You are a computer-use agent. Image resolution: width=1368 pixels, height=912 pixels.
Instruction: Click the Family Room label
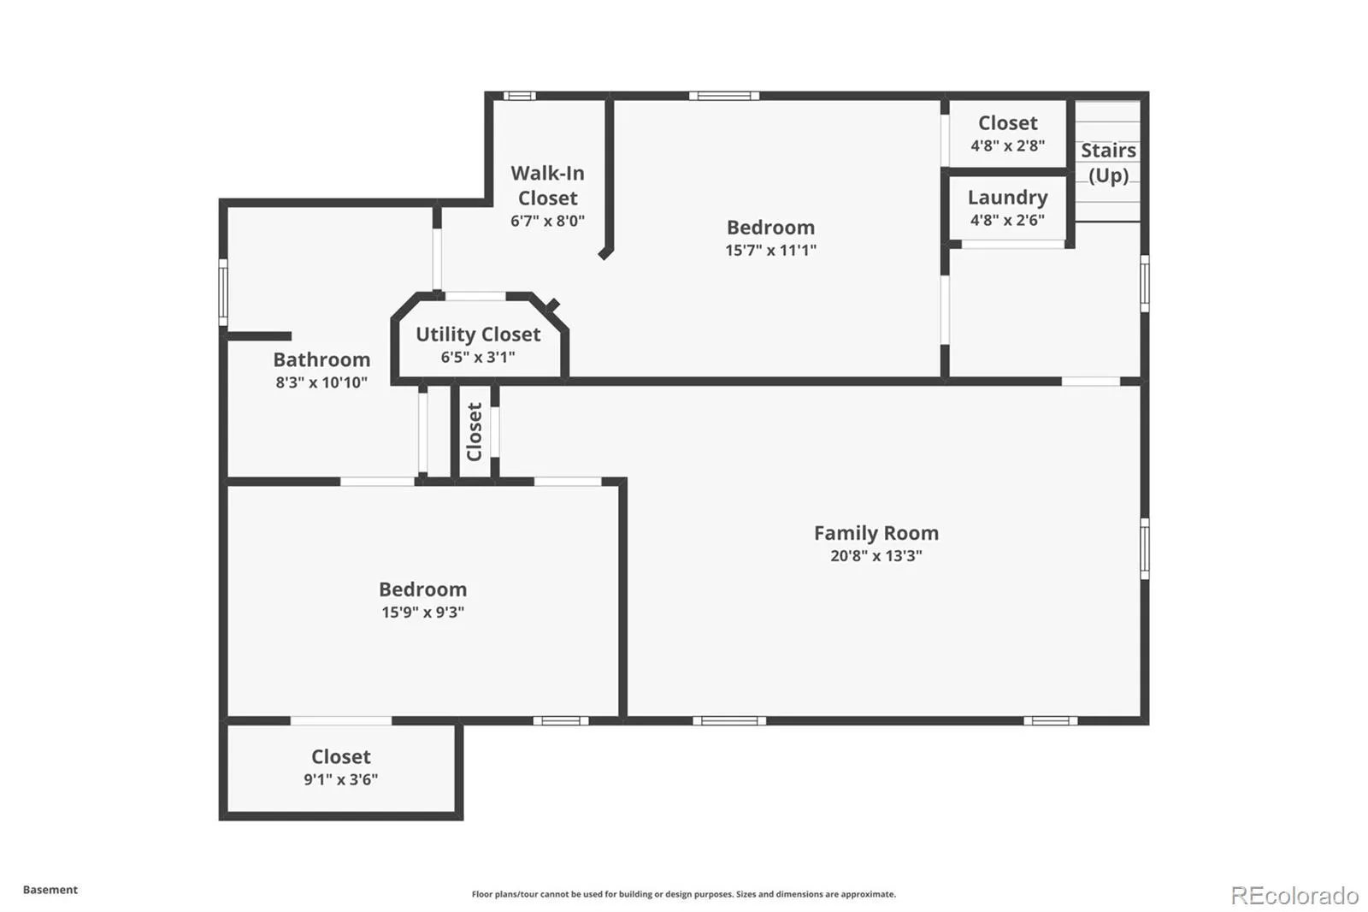[x=876, y=533]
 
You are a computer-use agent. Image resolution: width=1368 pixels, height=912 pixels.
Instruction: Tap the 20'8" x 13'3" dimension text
[x=876, y=556]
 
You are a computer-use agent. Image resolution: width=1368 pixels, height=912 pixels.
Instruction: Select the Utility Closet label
[x=478, y=335]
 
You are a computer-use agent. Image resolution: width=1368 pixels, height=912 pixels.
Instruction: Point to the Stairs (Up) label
[x=1108, y=163]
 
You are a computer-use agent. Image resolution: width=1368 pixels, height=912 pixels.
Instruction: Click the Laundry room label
[x=1007, y=198]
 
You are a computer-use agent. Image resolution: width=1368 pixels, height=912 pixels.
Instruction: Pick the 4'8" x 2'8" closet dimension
[x=1007, y=145]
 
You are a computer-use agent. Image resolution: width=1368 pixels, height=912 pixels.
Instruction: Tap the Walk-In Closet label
[x=547, y=186]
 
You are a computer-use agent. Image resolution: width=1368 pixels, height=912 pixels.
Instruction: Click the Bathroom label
[x=321, y=359]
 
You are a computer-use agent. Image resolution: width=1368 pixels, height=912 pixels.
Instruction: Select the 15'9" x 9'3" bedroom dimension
[x=422, y=613]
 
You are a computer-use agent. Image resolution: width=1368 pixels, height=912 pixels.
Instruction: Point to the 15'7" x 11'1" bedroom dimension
[x=770, y=251]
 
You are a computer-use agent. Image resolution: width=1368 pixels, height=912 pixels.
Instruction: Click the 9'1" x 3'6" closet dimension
[x=340, y=779]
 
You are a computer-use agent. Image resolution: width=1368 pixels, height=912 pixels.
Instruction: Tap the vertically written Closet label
[x=475, y=432]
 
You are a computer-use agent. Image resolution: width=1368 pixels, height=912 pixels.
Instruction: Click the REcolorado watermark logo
[x=1294, y=895]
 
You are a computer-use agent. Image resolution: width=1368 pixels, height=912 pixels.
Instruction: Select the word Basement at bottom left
[x=50, y=890]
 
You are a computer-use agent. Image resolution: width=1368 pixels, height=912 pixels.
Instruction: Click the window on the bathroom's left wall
[x=223, y=293]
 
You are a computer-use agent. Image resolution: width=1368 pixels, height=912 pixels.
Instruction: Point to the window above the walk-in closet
[x=518, y=96]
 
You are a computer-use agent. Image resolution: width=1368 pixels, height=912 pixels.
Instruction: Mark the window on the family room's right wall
[x=1144, y=548]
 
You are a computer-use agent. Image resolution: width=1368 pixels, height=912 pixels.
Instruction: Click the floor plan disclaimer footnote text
[x=683, y=894]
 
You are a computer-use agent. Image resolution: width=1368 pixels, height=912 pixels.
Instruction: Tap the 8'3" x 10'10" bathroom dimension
[x=321, y=382]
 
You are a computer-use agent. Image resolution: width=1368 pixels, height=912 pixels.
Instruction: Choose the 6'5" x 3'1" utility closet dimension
[x=478, y=358]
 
